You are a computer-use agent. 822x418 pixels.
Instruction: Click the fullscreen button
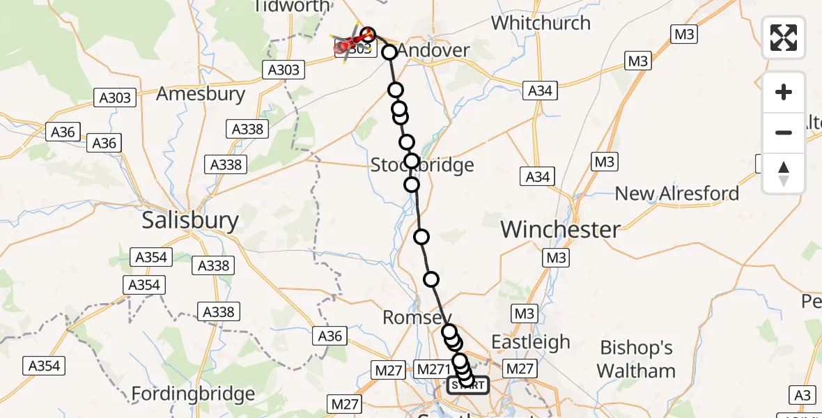(x=784, y=38)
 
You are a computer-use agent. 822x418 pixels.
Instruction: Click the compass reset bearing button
(x=784, y=173)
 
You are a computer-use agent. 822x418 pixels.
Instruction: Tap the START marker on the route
(x=468, y=385)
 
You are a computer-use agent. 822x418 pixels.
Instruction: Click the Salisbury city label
(x=190, y=221)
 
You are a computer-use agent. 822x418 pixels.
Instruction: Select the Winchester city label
(x=560, y=229)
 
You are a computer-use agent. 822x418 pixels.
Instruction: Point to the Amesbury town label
(x=201, y=94)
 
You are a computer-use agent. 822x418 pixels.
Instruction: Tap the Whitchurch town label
(x=541, y=23)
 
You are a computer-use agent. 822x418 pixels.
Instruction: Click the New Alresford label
(x=676, y=193)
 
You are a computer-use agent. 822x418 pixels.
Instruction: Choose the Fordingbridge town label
(x=193, y=394)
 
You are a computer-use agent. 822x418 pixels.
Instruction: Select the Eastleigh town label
(x=531, y=342)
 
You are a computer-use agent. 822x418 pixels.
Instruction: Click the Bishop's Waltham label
(x=637, y=359)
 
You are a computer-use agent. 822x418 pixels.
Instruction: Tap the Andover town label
(x=434, y=51)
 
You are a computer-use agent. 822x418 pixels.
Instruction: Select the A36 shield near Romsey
(x=330, y=336)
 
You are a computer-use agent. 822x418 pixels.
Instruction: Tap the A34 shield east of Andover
(x=540, y=91)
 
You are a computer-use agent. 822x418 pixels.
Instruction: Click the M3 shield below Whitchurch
(x=637, y=61)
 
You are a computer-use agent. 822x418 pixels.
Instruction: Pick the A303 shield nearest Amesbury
(x=116, y=98)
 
